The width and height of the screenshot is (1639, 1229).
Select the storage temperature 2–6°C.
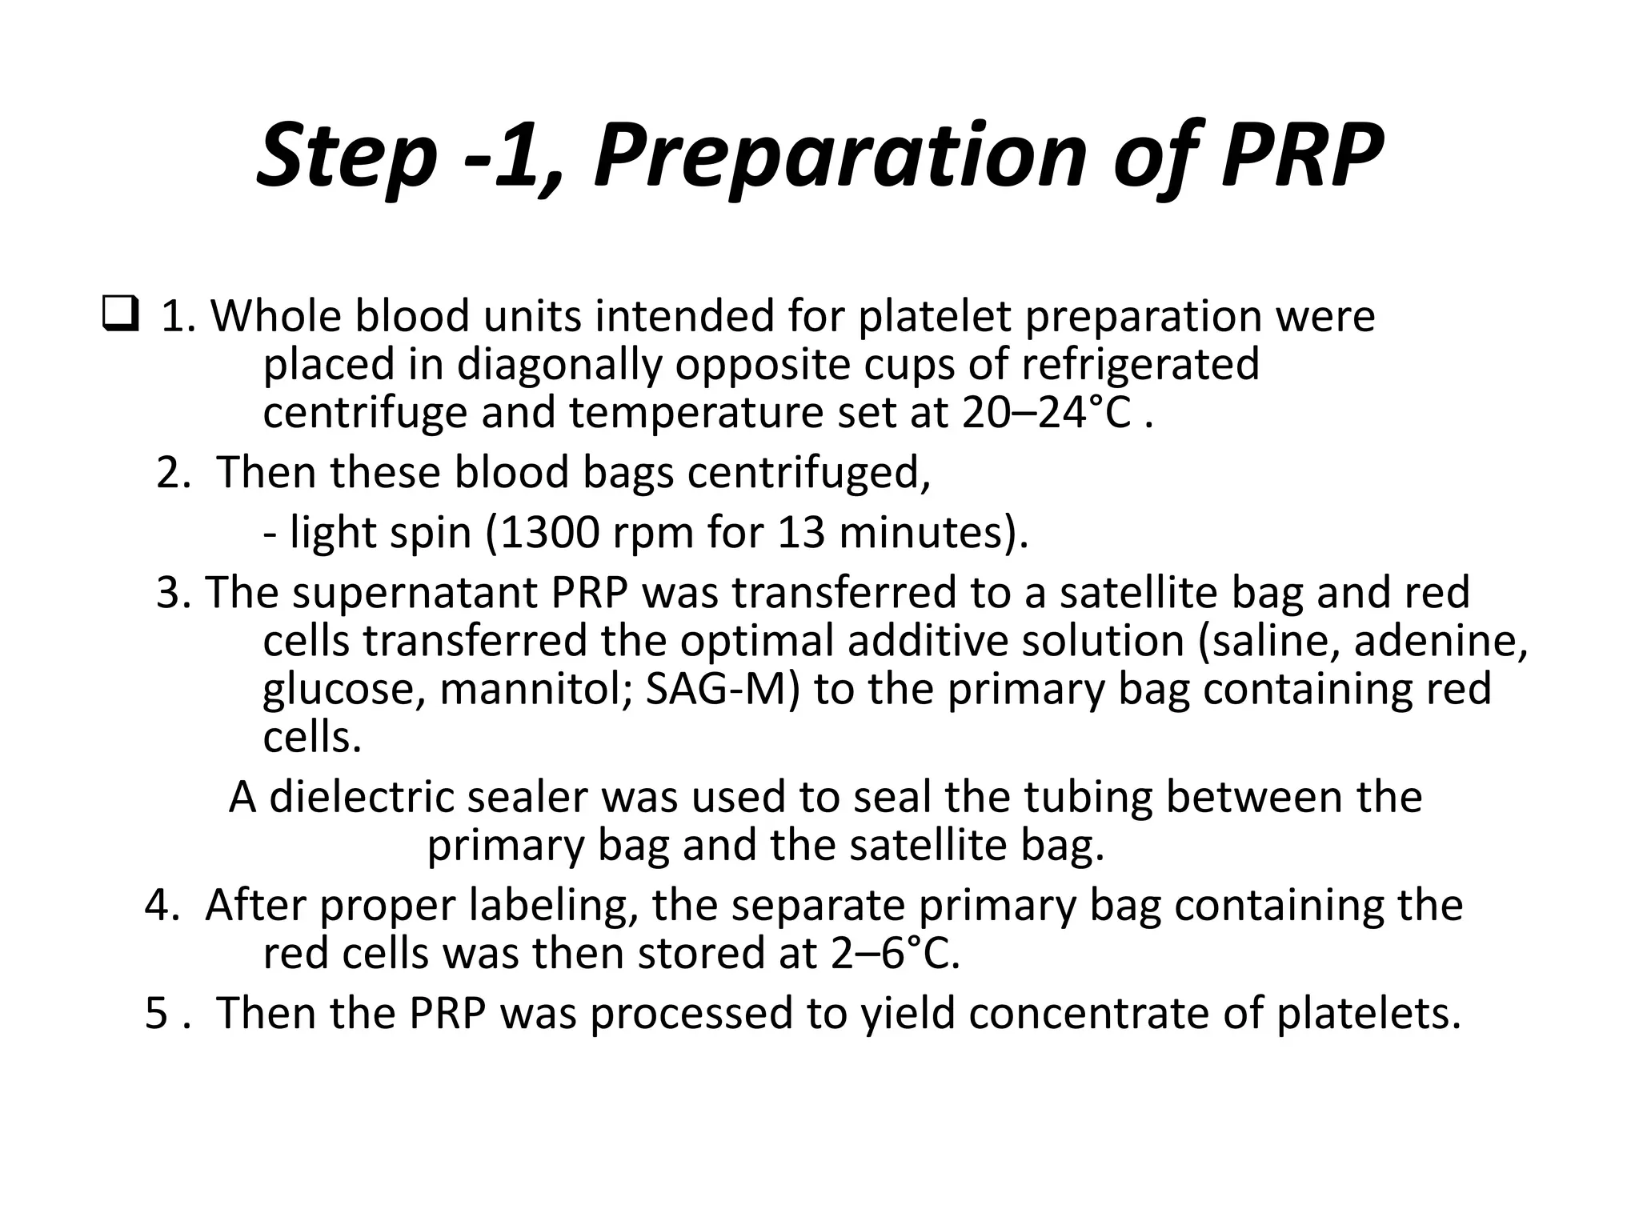(x=895, y=953)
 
